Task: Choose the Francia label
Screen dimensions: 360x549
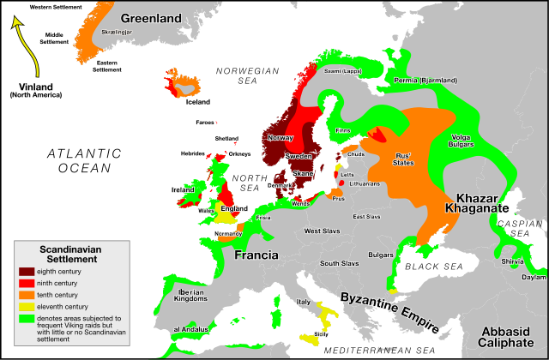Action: pos(257,255)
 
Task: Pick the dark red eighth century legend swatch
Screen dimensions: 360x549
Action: pos(27,272)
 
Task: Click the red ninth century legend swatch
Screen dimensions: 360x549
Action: pos(27,283)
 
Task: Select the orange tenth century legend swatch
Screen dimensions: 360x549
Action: pos(27,295)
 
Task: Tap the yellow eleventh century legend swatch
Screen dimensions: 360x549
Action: pos(27,306)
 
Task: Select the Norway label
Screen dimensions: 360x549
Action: pos(281,137)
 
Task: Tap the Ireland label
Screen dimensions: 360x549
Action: pos(183,189)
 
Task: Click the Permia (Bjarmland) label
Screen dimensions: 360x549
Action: pos(426,80)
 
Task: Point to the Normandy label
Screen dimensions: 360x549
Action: pos(227,233)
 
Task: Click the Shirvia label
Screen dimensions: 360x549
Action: pos(512,261)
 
